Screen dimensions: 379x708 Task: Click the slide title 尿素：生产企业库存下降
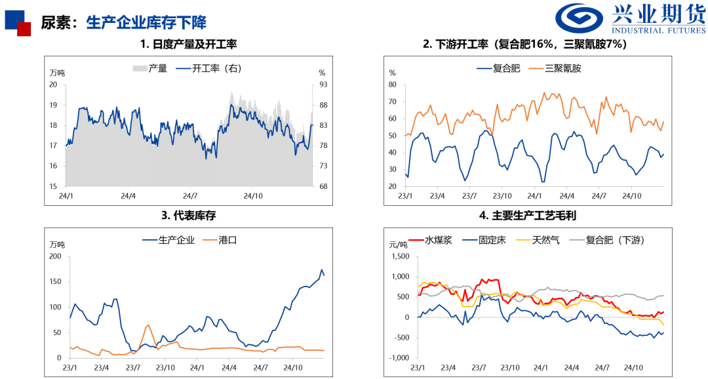[x=123, y=22]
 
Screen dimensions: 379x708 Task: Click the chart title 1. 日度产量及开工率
[x=188, y=45]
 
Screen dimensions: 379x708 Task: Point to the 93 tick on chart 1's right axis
[x=322, y=85]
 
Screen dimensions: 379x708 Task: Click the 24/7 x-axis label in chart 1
[x=190, y=195]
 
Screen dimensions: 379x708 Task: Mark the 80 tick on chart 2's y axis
[x=393, y=85]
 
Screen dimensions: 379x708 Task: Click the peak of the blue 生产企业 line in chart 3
[x=321, y=269]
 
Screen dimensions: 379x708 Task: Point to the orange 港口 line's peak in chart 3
[x=147, y=325]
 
